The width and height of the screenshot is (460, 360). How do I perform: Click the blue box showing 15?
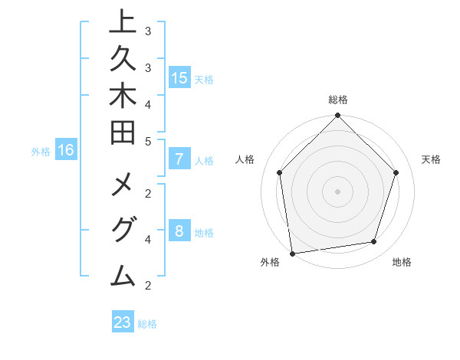coord(179,77)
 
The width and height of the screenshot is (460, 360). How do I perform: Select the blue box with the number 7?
coord(179,160)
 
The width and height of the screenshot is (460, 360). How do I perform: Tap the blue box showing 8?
coord(179,231)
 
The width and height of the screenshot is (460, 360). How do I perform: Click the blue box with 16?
coord(66,150)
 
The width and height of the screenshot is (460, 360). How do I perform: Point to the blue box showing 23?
coord(123,322)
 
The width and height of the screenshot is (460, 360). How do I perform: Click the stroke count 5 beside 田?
coord(148,141)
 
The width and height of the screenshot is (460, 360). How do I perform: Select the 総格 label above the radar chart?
coord(338,100)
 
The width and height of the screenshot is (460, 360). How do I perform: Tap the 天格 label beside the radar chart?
coord(432,159)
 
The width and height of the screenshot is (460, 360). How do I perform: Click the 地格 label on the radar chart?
coord(402,262)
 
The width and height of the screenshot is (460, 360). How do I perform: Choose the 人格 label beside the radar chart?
coord(245,159)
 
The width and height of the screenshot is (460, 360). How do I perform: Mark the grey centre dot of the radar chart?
coord(337,191)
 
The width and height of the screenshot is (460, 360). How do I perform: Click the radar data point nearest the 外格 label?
coord(292,253)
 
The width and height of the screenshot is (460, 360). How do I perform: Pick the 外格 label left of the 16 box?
coord(41,152)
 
